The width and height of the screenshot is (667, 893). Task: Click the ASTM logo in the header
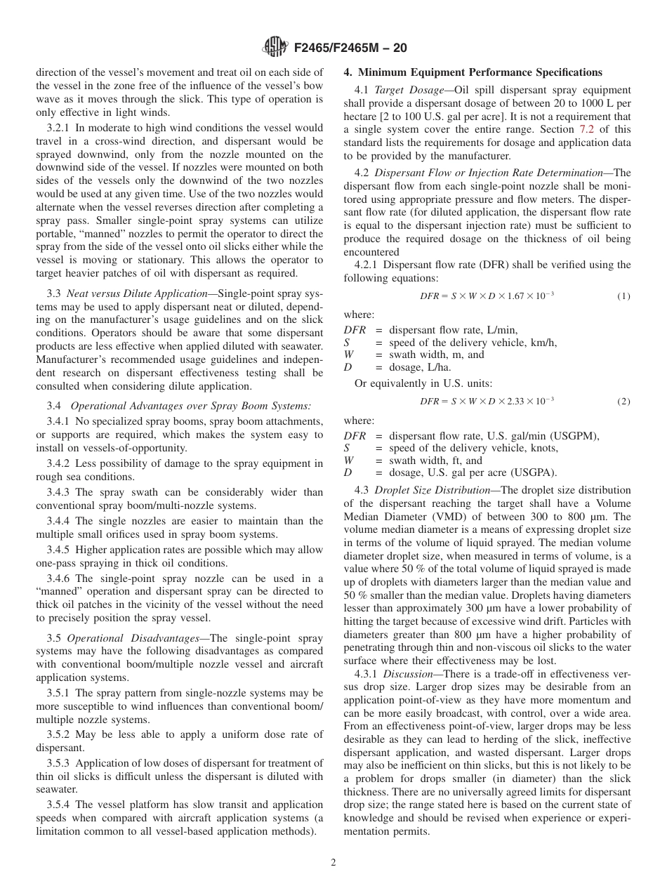click(x=274, y=48)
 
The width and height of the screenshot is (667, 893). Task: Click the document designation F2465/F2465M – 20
click(x=346, y=48)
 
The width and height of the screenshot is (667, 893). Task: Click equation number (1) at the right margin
click(x=623, y=296)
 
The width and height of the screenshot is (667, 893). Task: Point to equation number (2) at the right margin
click(x=623, y=402)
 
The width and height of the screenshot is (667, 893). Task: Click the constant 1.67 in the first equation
click(x=516, y=296)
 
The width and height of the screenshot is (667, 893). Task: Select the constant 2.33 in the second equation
click(x=516, y=402)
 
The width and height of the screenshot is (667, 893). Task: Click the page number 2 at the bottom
click(x=333, y=863)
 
